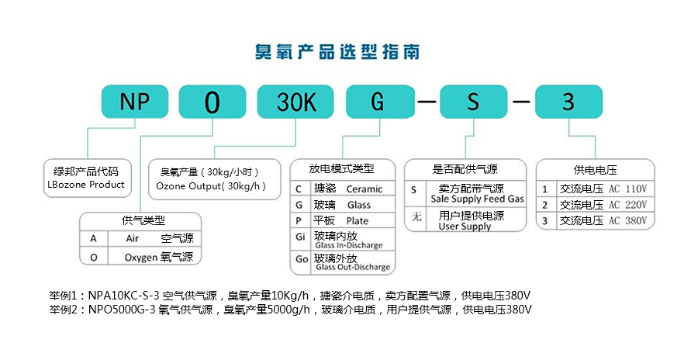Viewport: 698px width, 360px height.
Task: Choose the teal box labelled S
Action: point(475,102)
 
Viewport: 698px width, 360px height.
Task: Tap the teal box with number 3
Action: point(568,102)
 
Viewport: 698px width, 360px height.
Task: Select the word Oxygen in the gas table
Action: point(140,257)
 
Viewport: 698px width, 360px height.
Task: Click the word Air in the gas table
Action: point(132,238)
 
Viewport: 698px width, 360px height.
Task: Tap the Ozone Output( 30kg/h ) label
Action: point(211,186)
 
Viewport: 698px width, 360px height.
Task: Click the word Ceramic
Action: point(364,189)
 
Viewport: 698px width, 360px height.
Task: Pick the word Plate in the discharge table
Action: point(358,221)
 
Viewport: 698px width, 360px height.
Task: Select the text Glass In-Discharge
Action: point(348,245)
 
